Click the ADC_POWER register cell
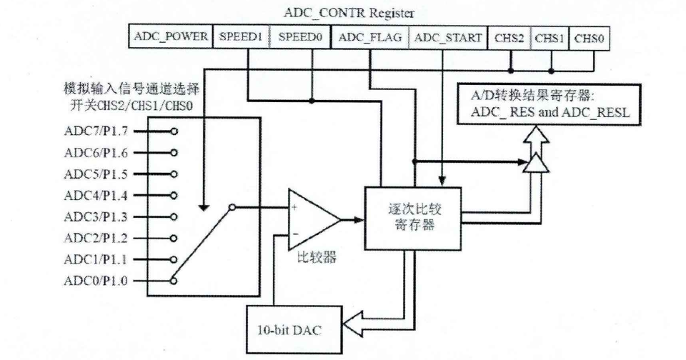click(x=170, y=37)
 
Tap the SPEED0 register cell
click(x=299, y=37)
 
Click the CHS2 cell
click(x=509, y=37)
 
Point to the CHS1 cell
click(x=550, y=37)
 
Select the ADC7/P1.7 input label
click(x=96, y=131)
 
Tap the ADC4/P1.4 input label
click(x=96, y=194)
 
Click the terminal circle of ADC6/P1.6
click(x=174, y=151)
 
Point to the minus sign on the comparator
click(x=294, y=234)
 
